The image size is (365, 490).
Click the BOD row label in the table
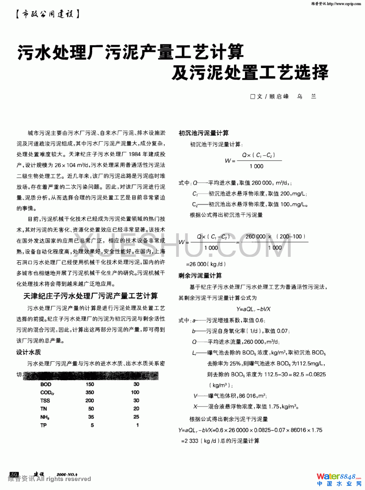[x=46, y=384]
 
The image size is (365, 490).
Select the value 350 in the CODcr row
[x=90, y=392]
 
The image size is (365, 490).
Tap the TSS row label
[x=45, y=400]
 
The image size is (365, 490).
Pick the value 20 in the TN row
[x=136, y=409]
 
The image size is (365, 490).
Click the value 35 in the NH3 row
[x=91, y=417]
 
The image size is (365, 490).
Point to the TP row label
[x=44, y=425]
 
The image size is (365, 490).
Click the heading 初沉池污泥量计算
[x=204, y=133]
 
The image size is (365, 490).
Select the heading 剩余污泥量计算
[x=200, y=276]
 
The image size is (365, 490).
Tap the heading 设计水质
[x=29, y=352]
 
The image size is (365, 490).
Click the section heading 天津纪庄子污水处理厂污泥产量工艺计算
[x=91, y=296]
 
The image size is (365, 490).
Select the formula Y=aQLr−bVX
[x=254, y=309]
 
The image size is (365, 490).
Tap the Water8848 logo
[x=338, y=479]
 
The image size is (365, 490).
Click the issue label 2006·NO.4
[x=67, y=475]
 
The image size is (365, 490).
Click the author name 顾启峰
[x=279, y=97]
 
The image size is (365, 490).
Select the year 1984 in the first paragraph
[x=134, y=154]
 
